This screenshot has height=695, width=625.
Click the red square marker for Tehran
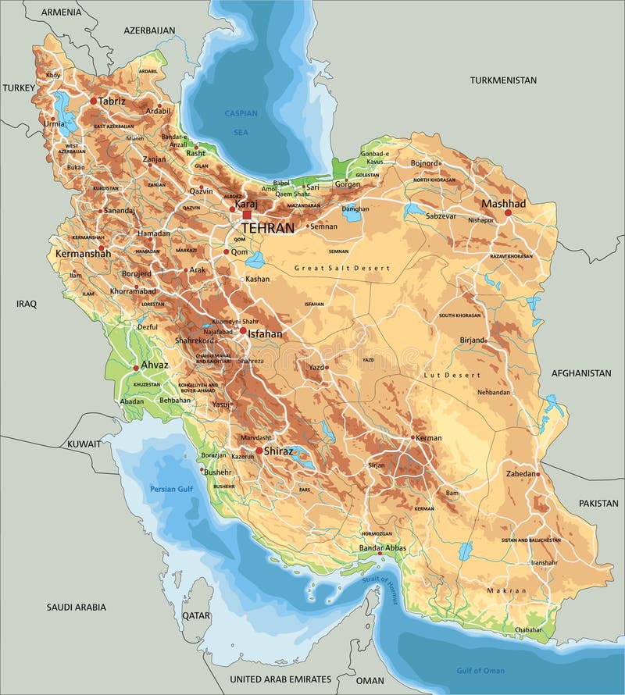pyautogui.click(x=247, y=215)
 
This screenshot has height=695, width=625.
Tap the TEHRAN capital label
pyautogui.click(x=268, y=228)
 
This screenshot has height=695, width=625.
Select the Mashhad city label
pyautogui.click(x=503, y=203)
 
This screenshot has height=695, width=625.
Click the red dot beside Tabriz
pyautogui.click(x=93, y=101)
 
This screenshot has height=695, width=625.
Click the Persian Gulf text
pyautogui.click(x=170, y=490)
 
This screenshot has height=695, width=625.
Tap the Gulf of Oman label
pyautogui.click(x=480, y=670)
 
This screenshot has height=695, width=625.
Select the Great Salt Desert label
pyautogui.click(x=341, y=268)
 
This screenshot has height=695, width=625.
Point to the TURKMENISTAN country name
pyautogui.click(x=503, y=80)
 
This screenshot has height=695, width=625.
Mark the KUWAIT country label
pyautogui.click(x=84, y=443)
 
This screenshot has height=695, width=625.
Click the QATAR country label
pyautogui.click(x=196, y=615)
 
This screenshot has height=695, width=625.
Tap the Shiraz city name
pyautogui.click(x=279, y=451)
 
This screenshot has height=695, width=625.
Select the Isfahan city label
pyautogui.click(x=265, y=333)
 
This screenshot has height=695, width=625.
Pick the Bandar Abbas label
pyautogui.click(x=382, y=548)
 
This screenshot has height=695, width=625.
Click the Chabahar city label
pyautogui.click(x=528, y=629)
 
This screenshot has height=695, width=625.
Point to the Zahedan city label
pyautogui.click(x=521, y=474)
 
